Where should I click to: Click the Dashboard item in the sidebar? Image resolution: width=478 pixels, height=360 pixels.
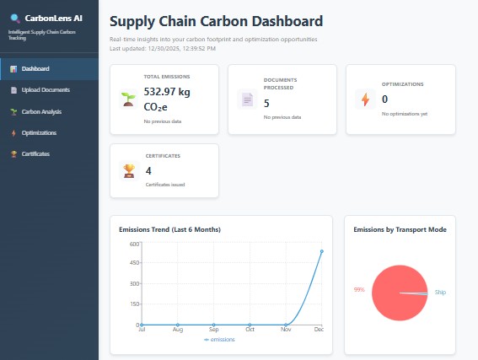35,68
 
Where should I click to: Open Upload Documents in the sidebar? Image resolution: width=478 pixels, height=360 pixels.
46,89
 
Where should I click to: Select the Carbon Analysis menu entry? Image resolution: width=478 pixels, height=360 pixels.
41,111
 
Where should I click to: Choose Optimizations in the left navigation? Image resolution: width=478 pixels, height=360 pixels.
39,132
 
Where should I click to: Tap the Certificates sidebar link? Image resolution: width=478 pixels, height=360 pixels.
35,153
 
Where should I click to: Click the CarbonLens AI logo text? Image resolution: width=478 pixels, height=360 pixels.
53,18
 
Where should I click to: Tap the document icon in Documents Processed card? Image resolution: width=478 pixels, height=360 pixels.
247,99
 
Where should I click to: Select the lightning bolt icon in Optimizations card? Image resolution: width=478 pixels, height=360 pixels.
365,99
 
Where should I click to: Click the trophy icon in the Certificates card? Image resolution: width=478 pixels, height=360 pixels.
128,170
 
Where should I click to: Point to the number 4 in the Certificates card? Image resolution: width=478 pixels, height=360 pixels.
148,169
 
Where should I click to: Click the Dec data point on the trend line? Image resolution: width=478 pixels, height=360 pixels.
322,251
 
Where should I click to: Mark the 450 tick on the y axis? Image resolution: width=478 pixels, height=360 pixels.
133,264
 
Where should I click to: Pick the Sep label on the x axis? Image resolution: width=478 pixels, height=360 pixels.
213,330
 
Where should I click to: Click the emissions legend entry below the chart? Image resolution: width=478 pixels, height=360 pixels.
220,340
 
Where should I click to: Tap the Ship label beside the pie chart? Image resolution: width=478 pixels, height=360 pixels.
440,293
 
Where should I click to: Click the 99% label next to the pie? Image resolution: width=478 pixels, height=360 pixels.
359,289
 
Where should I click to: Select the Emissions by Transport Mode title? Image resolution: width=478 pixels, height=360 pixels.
400,229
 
